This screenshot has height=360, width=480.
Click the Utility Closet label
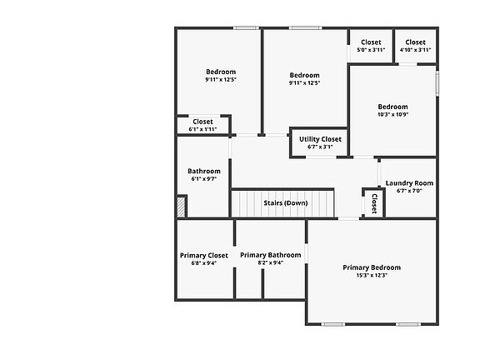320,139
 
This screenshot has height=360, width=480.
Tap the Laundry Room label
409,183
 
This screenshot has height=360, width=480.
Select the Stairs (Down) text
286,203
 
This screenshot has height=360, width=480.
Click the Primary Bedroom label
372,267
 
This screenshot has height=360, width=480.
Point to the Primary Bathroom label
270,255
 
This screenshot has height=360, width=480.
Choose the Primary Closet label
204,255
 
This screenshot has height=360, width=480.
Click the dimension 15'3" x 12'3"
372,275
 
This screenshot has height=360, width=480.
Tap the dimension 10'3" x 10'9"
392,114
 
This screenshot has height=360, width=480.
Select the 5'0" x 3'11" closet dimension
371,50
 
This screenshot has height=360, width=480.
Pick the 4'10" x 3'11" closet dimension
415,50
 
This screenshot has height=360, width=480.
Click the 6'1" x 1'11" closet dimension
202,129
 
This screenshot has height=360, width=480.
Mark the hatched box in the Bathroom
181,207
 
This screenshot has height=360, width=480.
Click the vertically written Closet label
374,203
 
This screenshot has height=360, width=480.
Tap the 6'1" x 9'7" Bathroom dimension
204,179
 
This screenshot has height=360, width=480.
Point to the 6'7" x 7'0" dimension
409,191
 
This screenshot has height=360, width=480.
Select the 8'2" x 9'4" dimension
270,262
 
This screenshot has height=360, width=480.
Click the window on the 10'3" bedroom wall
437,83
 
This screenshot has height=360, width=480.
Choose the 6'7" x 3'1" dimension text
320,147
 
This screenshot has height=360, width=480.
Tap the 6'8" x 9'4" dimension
204,263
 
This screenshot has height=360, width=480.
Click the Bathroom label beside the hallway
204,171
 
